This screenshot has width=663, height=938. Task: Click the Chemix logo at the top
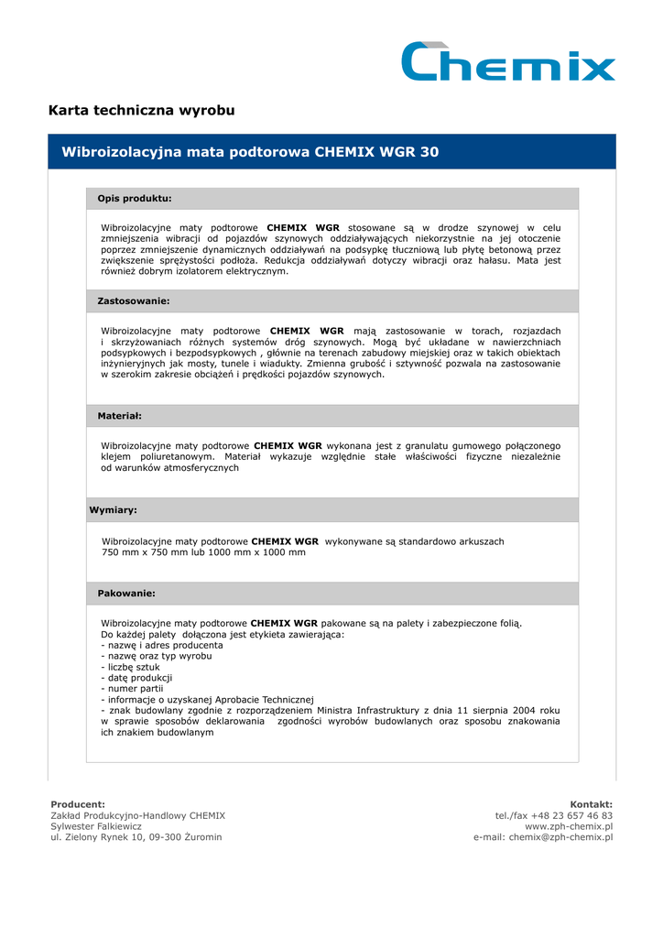coord(508,61)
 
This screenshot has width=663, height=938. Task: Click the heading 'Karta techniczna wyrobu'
coord(141,111)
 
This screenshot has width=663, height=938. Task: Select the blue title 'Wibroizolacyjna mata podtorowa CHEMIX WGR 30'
coord(250,152)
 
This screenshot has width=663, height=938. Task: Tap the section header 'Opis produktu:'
coord(135,199)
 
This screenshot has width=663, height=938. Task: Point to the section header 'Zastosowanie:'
coord(134,300)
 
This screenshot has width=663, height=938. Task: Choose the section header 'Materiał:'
coord(120,416)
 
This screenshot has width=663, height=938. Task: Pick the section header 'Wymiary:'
coord(113,510)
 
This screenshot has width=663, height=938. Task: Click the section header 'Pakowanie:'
coord(126,594)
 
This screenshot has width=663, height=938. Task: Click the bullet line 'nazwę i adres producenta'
coord(164,645)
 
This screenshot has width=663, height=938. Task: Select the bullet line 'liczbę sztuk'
coord(133,667)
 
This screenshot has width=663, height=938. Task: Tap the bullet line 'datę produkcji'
coord(138,678)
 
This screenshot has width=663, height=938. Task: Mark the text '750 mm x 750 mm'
coord(141,553)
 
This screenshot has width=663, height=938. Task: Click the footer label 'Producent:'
coord(78,804)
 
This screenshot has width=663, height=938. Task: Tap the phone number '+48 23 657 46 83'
coord(573,815)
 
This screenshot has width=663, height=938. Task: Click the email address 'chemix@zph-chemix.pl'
coord(560,837)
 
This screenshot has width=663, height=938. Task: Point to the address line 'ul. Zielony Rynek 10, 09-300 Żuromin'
coord(136,837)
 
